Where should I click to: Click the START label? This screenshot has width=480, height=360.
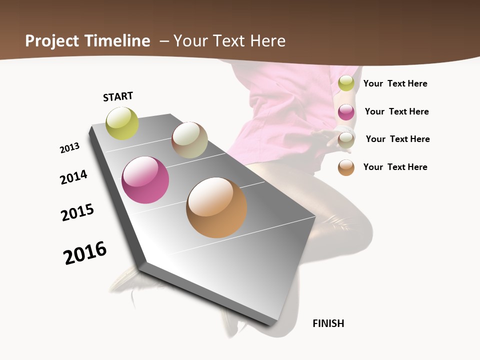point(118,96)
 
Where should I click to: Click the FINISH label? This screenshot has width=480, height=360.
point(328,323)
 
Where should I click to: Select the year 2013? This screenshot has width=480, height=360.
point(70,148)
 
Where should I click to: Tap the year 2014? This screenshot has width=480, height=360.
point(74,177)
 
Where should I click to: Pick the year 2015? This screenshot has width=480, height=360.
point(77,212)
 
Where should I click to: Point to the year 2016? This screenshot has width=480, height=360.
point(85,253)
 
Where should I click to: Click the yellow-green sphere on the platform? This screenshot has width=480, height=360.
point(122,123)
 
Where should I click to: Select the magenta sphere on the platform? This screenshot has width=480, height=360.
point(145,180)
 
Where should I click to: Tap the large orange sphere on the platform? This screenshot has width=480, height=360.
point(216,207)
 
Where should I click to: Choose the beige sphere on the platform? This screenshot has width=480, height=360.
point(189,140)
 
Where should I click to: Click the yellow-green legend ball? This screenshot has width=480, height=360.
point(346,83)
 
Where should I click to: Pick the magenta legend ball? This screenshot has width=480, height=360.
point(346,112)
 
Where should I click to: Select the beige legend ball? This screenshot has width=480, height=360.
point(346,139)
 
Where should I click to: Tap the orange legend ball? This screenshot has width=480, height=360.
point(346,167)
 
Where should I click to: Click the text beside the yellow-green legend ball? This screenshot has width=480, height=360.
point(395,83)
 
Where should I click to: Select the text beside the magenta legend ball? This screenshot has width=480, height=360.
point(397,111)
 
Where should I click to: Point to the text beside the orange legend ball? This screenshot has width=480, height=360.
point(395,167)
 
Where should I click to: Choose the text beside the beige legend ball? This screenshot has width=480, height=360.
point(398,139)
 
